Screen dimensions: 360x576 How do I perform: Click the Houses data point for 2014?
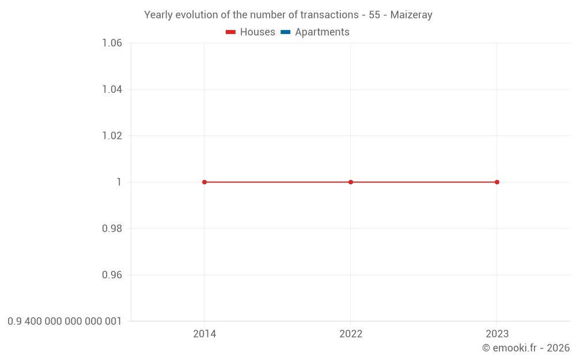(x=204, y=182)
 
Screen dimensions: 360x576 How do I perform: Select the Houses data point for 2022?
(x=351, y=182)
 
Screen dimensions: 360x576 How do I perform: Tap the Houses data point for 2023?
(x=497, y=182)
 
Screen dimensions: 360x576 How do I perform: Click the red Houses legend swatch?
(x=230, y=32)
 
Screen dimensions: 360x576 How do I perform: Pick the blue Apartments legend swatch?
(x=285, y=32)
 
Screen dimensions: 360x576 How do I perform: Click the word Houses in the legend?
(x=257, y=32)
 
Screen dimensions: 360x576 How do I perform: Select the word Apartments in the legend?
(x=322, y=32)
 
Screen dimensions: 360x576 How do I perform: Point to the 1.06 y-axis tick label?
(x=112, y=43)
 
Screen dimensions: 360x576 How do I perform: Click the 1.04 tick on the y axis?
(x=112, y=89)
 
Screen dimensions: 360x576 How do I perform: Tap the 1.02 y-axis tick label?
(x=112, y=136)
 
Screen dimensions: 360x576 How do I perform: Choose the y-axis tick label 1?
(x=119, y=182)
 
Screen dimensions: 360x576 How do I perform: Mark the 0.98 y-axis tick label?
(x=112, y=229)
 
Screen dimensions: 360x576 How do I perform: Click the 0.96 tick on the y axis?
(x=112, y=275)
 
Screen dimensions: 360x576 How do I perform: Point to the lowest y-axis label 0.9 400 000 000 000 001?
(x=65, y=321)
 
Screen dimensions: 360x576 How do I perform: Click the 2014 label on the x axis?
(x=204, y=334)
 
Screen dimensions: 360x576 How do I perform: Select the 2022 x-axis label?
(x=351, y=334)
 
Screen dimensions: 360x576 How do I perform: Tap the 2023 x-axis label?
(x=497, y=334)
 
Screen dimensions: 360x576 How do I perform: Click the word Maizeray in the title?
(x=411, y=15)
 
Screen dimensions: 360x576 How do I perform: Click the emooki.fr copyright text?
(x=526, y=348)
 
